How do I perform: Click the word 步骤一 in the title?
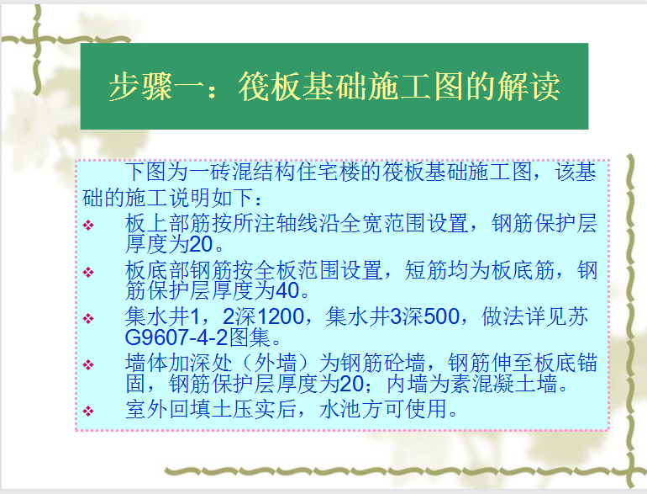pyautogui.click(x=157, y=87)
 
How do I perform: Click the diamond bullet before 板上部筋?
pyautogui.click(x=88, y=226)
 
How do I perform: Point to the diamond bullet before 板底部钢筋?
pyautogui.click(x=88, y=272)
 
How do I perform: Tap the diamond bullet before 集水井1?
pyautogui.click(x=88, y=318)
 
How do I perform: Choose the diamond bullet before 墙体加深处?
pyautogui.click(x=88, y=364)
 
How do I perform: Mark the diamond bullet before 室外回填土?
pyautogui.click(x=88, y=411)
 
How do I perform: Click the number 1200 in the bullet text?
pyautogui.click(x=281, y=316)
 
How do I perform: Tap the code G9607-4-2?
pyautogui.click(x=176, y=337)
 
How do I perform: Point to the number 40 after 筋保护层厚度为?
pyautogui.click(x=287, y=290)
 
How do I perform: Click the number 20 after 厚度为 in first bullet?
pyautogui.click(x=201, y=244)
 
